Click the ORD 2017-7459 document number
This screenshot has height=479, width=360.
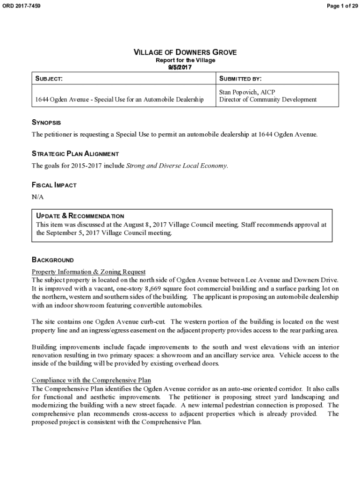pyautogui.click(x=22, y=6)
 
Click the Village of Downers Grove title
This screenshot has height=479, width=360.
pyautogui.click(x=185, y=52)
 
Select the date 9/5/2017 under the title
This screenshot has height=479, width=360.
pyautogui.click(x=180, y=67)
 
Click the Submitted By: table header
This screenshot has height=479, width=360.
pyautogui.click(x=240, y=79)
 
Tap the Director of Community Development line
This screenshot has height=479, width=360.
pyautogui.click(x=268, y=99)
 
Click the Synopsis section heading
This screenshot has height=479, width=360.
pyautogui.click(x=46, y=123)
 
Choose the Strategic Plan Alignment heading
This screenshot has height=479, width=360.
pyautogui.click(x=75, y=153)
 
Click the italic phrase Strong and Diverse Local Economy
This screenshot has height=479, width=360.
pyautogui.click(x=177, y=166)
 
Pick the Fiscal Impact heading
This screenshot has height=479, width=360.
pyautogui.click(x=54, y=185)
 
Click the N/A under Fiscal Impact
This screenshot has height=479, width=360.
pyautogui.click(x=37, y=197)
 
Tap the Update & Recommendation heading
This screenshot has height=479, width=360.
pyautogui.click(x=80, y=216)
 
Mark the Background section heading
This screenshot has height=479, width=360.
pyautogui.click(x=52, y=260)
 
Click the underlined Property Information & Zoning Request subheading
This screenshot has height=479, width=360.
pyautogui.click(x=88, y=272)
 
